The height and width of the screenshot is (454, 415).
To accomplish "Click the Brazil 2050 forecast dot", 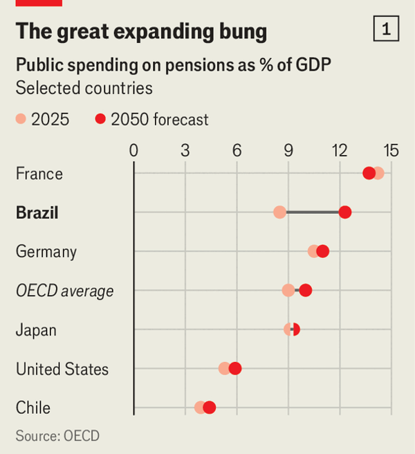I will [x=344, y=212].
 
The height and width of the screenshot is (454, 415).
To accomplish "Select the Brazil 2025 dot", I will [x=279, y=212].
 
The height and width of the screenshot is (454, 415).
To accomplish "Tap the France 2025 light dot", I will [x=378, y=173].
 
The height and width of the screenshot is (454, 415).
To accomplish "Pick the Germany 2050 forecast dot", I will [x=322, y=251].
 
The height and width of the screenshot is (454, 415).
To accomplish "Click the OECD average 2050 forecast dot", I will [x=305, y=290].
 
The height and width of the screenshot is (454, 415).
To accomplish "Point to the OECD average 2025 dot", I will [x=288, y=290].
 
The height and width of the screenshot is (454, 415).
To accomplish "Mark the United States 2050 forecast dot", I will [x=235, y=368].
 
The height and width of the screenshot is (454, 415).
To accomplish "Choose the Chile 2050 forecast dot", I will [x=210, y=408].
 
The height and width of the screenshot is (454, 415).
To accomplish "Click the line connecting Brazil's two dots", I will [x=311, y=212].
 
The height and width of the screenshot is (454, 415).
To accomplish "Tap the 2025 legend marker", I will [x=21, y=120].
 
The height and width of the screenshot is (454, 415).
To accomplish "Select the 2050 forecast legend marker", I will [x=100, y=120].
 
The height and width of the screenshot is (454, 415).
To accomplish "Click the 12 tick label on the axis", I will [x=340, y=150].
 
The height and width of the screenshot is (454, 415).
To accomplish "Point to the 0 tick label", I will [x=133, y=150].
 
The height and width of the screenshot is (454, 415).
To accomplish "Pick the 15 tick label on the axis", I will [x=391, y=150].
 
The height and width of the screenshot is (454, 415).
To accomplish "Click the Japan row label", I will [x=36, y=329].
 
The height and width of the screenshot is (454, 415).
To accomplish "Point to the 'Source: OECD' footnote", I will [x=57, y=436].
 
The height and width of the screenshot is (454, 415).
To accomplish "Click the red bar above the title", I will [x=39, y=3].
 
